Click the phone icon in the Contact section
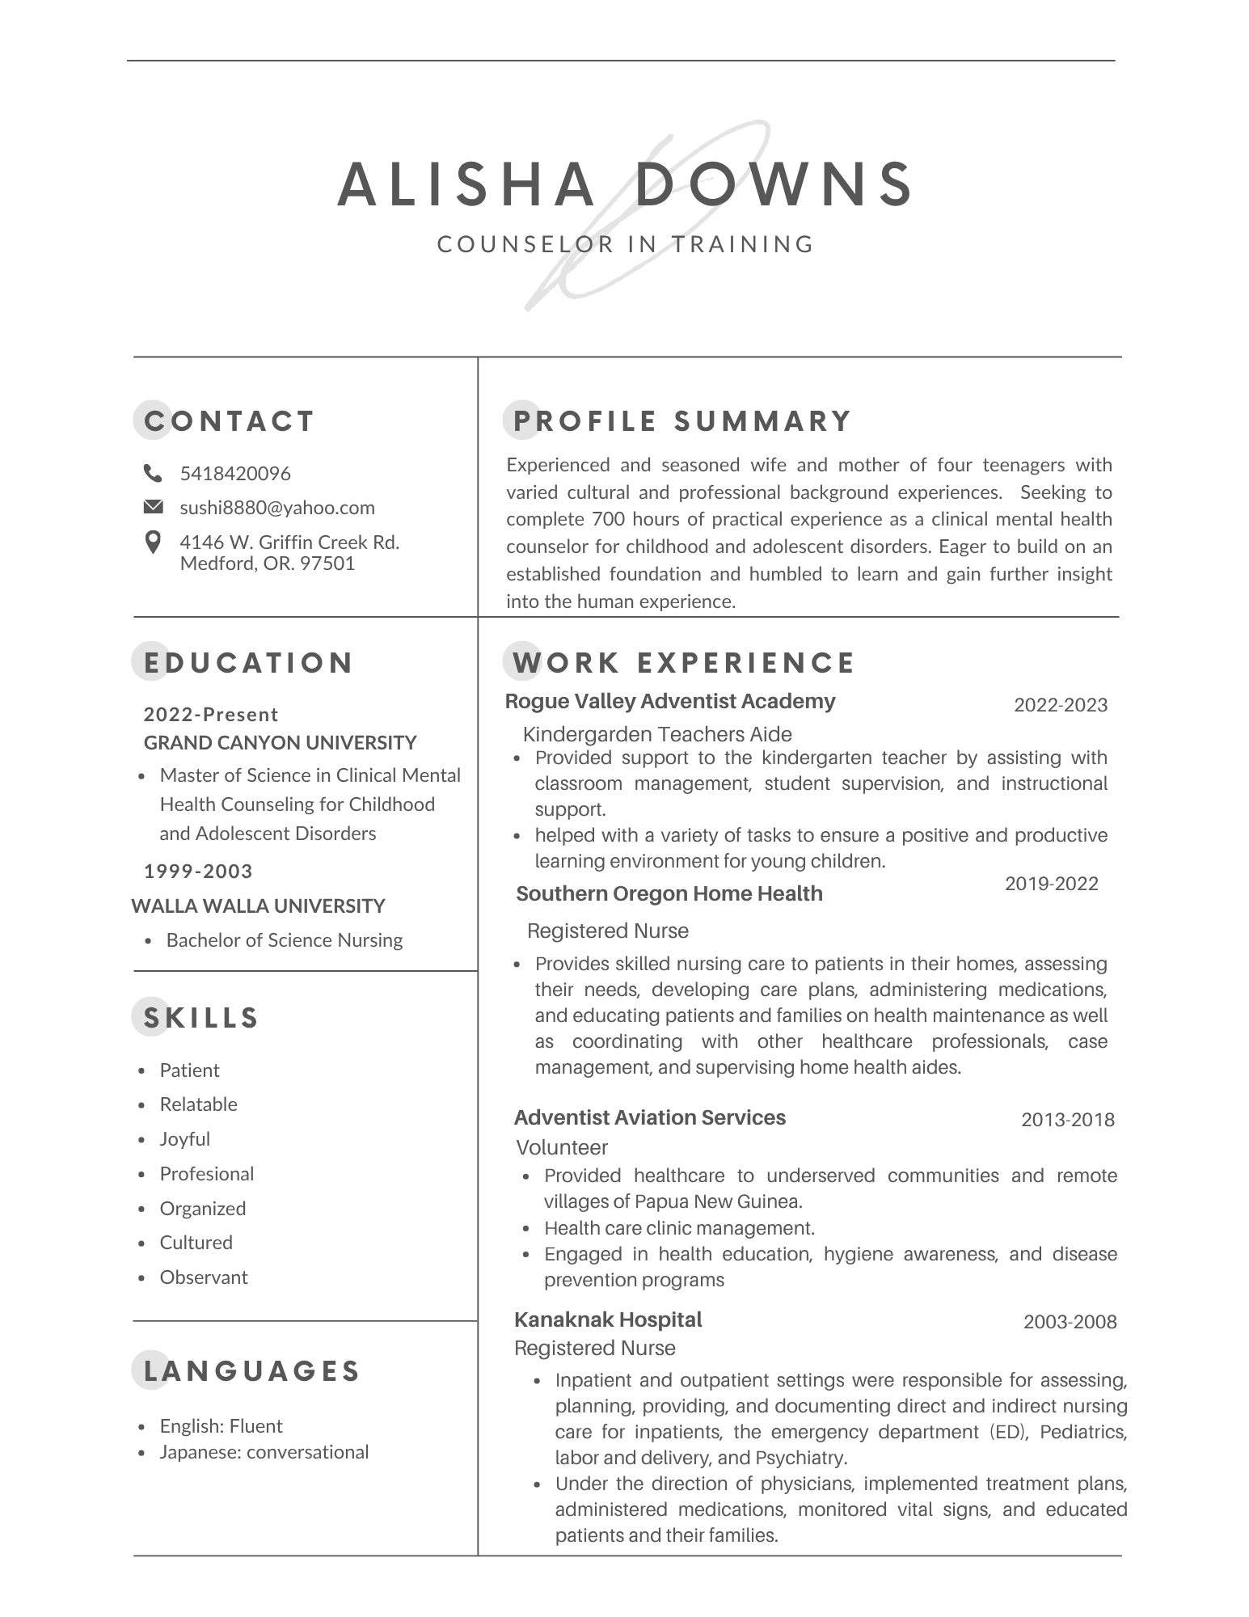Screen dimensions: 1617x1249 [152, 472]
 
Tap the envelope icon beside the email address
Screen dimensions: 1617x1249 [152, 507]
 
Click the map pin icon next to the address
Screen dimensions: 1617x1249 [152, 543]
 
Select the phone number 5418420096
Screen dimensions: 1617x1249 [235, 473]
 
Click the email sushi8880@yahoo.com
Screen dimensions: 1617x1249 [277, 508]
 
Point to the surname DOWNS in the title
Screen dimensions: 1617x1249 [774, 184]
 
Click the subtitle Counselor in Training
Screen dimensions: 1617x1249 [626, 244]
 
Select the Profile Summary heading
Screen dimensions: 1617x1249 [682, 421]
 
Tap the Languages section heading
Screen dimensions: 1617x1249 [251, 1370]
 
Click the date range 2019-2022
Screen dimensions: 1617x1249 [1051, 884]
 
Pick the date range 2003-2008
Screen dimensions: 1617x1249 [1070, 1322]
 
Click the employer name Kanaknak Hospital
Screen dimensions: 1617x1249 [608, 1319]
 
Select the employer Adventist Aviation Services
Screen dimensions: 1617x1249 [650, 1117]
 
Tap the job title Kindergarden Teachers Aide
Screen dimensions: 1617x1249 [657, 734]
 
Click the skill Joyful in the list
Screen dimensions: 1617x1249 [185, 1139]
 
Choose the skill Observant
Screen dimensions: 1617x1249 [204, 1277]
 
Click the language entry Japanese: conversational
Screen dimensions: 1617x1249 [264, 1452]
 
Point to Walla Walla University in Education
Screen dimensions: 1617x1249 [258, 906]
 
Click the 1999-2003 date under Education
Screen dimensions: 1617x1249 [198, 872]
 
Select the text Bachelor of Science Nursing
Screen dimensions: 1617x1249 [285, 940]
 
